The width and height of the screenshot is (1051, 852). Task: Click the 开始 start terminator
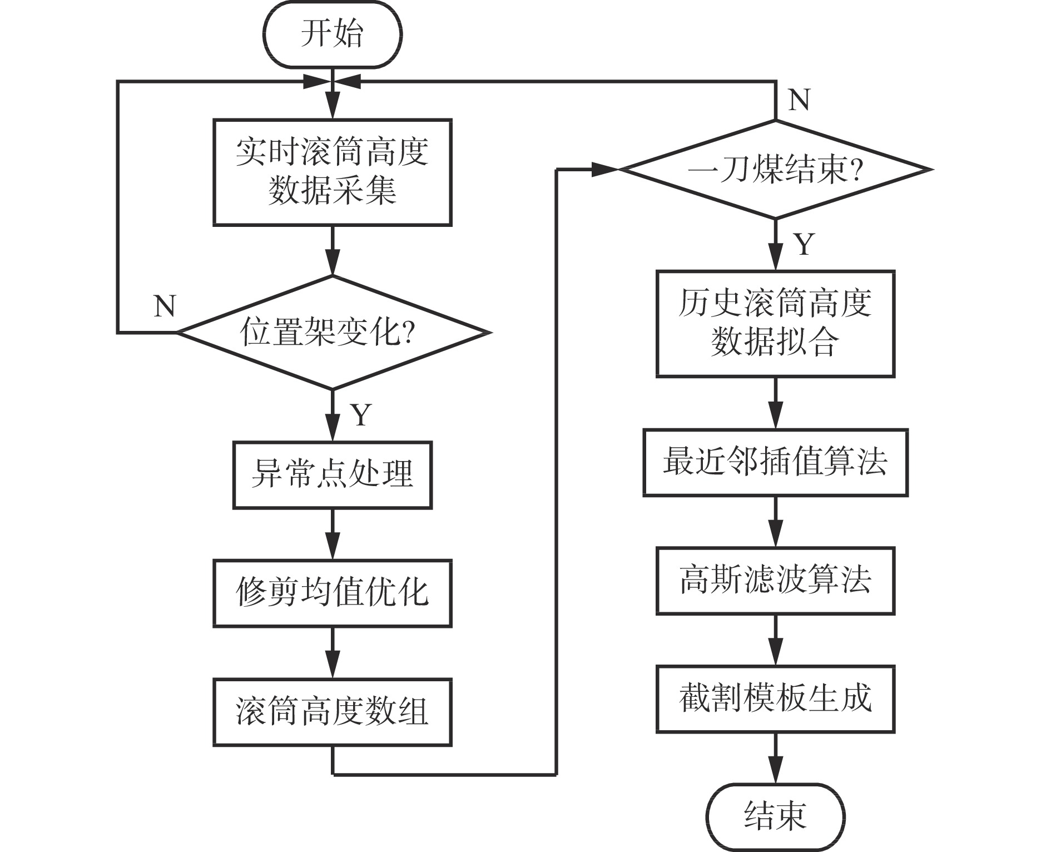click(x=332, y=34)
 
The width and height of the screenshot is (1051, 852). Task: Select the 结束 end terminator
click(x=775, y=816)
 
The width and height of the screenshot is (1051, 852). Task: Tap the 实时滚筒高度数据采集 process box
click(x=332, y=172)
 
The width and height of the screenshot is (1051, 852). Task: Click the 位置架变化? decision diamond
click(x=332, y=333)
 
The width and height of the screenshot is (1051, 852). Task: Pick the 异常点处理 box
click(x=332, y=475)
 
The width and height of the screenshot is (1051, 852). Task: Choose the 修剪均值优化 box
click(x=332, y=593)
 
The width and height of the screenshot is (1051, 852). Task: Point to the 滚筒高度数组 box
click(x=332, y=711)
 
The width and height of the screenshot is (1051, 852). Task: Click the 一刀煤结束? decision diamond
click(x=775, y=170)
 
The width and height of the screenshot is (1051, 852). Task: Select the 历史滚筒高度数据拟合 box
click(x=775, y=324)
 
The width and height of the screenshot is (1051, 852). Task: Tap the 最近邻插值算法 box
click(x=775, y=462)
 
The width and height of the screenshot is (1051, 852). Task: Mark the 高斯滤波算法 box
click(x=775, y=581)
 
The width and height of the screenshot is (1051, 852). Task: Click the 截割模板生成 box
click(x=775, y=699)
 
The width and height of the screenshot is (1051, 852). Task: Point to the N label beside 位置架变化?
click(x=165, y=306)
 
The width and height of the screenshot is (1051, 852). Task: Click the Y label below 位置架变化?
click(x=361, y=414)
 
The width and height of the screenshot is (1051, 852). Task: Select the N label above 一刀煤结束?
click(x=799, y=100)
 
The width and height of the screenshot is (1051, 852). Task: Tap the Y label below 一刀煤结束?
click(x=804, y=244)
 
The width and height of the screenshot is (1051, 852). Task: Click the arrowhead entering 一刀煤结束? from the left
click(x=603, y=170)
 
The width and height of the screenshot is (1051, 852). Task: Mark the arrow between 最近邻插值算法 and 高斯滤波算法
click(x=775, y=522)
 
